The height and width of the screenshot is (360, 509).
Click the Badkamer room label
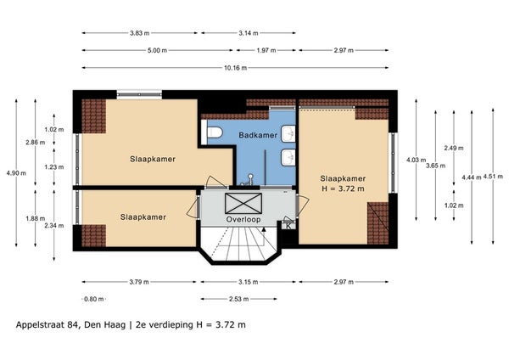click(258, 135)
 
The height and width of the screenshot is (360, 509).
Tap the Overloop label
click(243, 220)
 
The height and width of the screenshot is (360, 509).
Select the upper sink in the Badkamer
click(288, 133)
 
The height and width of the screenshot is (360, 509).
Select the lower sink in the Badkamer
click(288, 158)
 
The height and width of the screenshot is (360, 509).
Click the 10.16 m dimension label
click(235, 68)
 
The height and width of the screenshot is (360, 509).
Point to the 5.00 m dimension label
click(158, 50)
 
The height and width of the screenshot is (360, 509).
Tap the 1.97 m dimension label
click(266, 50)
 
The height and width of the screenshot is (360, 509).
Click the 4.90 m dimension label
click(16, 173)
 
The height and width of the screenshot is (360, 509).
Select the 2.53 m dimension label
click(239, 299)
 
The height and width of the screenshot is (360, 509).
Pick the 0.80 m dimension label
click(94, 299)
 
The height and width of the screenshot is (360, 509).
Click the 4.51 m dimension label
click(493, 177)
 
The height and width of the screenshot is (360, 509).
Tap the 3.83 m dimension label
click(140, 33)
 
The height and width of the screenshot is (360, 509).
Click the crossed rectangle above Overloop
click(243, 204)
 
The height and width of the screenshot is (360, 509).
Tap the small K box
click(288, 226)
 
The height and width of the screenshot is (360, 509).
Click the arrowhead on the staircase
click(264, 230)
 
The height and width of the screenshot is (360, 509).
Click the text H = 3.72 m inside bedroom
click(343, 188)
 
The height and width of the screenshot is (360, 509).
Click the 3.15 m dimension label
click(249, 282)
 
